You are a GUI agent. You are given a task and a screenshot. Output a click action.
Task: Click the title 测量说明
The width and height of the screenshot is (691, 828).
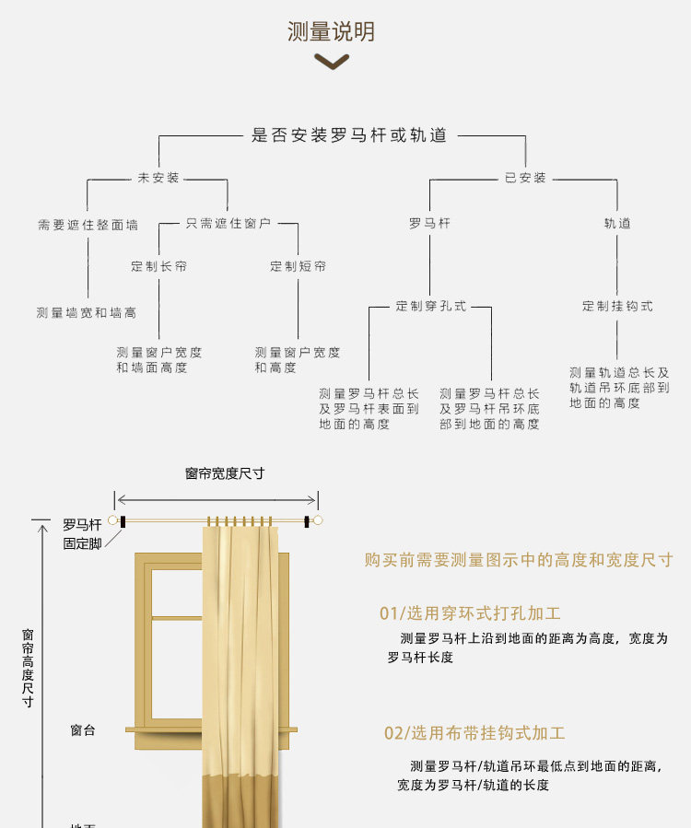pos(332,31)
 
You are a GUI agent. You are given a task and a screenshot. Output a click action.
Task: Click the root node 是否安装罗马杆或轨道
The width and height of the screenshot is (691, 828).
pos(349,135)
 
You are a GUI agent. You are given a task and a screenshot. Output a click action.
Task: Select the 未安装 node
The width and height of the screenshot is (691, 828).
pos(158,178)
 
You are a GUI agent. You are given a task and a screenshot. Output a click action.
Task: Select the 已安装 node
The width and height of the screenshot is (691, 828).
pos(525,178)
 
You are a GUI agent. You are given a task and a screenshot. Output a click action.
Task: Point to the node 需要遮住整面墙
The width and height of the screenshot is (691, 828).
pos(88,225)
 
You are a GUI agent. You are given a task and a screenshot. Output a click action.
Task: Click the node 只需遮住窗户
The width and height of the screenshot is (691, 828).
pos(228,224)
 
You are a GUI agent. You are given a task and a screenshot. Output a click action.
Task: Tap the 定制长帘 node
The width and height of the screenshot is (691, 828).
pos(159,266)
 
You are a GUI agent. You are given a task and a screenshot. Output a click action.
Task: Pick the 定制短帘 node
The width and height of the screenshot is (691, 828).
pos(298,266)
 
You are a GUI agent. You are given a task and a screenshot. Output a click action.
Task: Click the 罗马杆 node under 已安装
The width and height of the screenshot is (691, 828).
pos(429,224)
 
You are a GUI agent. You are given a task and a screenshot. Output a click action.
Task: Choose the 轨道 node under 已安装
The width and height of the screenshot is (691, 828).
pos(617,224)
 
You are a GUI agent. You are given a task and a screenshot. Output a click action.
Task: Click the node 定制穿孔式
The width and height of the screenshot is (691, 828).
pos(431,307)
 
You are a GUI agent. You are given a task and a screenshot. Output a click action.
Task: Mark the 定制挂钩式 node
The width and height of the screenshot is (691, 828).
pos(617,307)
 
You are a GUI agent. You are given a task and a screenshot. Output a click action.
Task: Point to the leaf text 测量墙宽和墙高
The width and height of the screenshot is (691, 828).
pos(87,313)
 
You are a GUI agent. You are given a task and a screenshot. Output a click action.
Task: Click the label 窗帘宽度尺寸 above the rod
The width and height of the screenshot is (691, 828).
pos(225,473)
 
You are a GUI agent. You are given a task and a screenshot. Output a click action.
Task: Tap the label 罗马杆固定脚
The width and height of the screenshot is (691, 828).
pos(82,534)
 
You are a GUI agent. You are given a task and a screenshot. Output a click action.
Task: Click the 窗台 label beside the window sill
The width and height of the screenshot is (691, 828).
pos(83,730)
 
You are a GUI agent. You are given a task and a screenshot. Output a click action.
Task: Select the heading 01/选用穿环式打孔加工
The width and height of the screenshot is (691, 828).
pos(470,613)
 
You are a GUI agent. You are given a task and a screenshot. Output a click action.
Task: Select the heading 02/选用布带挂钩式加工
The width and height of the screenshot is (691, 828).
pos(474,733)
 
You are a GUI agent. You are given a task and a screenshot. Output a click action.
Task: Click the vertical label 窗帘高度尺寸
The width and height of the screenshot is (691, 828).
pos(28,668)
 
